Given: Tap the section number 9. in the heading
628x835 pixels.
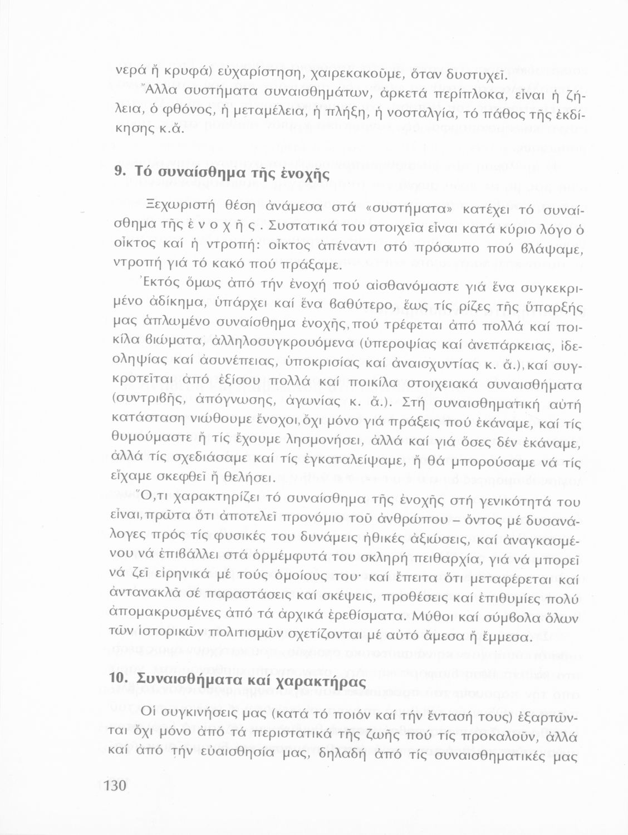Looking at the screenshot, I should tap(119, 171).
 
